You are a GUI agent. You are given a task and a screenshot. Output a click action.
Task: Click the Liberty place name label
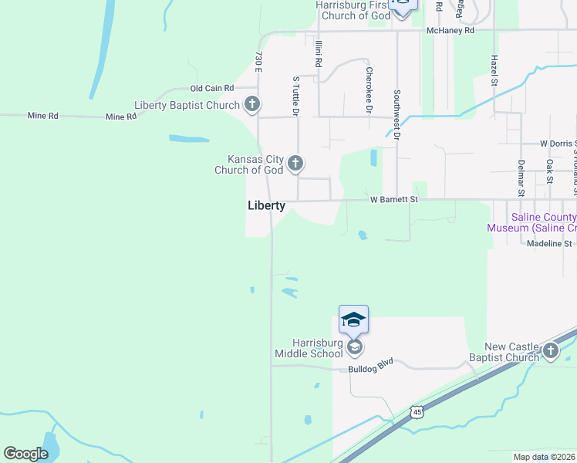point(266,206)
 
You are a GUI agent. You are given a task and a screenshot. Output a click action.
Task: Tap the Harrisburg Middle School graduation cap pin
point(353,319)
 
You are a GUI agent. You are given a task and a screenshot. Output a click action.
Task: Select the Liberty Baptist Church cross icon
point(251,105)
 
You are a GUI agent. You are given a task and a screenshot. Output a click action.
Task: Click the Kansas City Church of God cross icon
point(295,164)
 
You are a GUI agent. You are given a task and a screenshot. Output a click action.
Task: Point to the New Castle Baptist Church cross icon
point(550,352)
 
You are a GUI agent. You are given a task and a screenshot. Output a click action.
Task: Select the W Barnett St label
point(393,199)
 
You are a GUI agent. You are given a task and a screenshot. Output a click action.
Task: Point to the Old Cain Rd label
point(212,90)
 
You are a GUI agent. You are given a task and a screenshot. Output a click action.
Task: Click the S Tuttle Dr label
point(295,95)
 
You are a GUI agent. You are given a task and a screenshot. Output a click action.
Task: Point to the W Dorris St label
point(557,144)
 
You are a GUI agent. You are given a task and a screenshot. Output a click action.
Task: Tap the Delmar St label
point(521,175)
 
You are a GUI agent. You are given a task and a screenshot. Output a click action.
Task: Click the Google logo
point(25,454)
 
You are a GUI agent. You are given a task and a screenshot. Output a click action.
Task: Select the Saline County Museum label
point(531,222)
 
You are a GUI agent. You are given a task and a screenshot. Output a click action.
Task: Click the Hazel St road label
point(494,70)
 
